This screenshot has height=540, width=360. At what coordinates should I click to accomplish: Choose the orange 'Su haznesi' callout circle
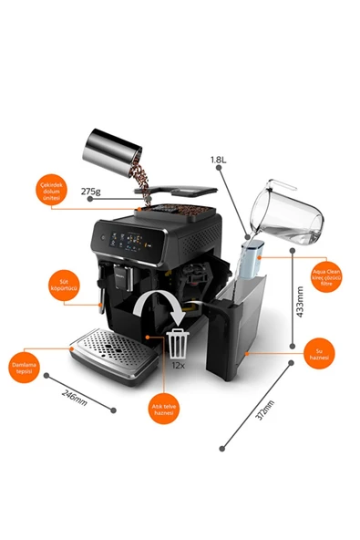pyautogui.click(x=319, y=350)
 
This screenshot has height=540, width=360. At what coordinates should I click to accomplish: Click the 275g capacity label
pyautogui.click(x=90, y=192)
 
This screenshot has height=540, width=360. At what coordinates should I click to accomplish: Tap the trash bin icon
pyautogui.click(x=177, y=342)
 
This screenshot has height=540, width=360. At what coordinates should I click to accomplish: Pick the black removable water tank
pyautogui.click(x=239, y=328)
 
